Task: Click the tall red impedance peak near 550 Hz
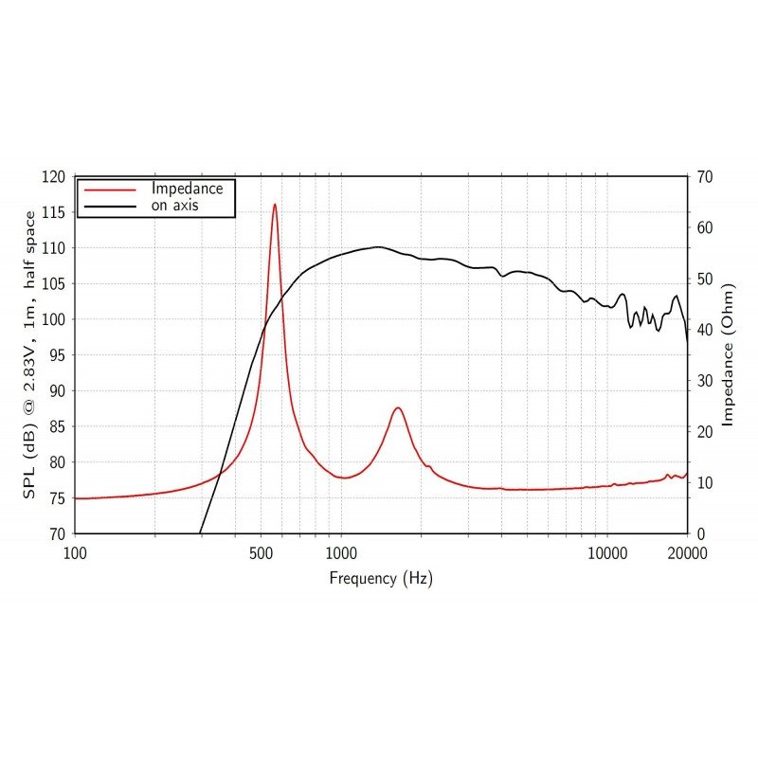275,205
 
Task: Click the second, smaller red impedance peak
398,408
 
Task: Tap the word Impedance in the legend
187,189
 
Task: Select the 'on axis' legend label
174,205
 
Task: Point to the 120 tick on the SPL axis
58,177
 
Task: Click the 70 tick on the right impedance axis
704,177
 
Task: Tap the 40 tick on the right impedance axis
704,330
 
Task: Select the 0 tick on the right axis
700,533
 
